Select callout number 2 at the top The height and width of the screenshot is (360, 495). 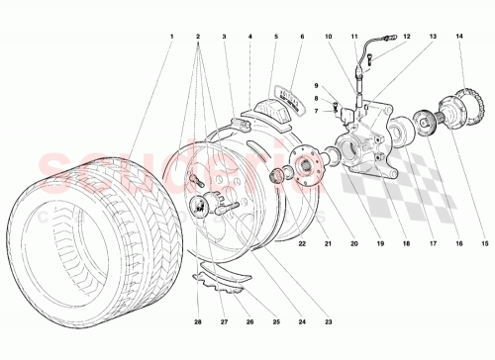199,39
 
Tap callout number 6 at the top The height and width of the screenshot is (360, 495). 301,39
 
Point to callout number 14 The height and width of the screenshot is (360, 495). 460,39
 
